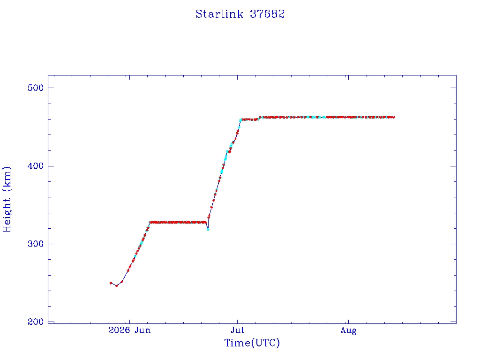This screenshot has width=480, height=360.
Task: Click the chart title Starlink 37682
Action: point(240,14)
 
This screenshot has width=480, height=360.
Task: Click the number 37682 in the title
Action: point(267,14)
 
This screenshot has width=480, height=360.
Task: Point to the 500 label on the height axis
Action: point(36,88)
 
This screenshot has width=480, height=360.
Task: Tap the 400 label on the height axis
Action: point(36,166)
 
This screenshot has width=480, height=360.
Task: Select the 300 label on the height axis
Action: point(36,244)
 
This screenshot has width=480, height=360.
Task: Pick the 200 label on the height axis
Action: point(36,322)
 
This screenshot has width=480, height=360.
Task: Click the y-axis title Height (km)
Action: point(7,199)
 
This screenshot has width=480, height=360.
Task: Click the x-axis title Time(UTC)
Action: point(252,343)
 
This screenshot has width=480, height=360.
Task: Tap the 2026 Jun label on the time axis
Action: point(129,330)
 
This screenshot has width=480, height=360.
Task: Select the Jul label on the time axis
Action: point(237,330)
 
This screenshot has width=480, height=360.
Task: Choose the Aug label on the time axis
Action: point(348,330)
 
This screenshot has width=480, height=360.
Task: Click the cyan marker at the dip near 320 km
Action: point(208,229)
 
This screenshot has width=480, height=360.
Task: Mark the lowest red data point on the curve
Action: point(116,285)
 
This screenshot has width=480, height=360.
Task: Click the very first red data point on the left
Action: point(111,283)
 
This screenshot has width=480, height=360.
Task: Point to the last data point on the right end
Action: point(394,117)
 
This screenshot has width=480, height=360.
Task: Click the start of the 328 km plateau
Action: point(150,222)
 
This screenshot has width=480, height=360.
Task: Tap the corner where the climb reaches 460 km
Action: point(240,120)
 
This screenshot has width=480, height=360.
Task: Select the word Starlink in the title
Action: point(219,14)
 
